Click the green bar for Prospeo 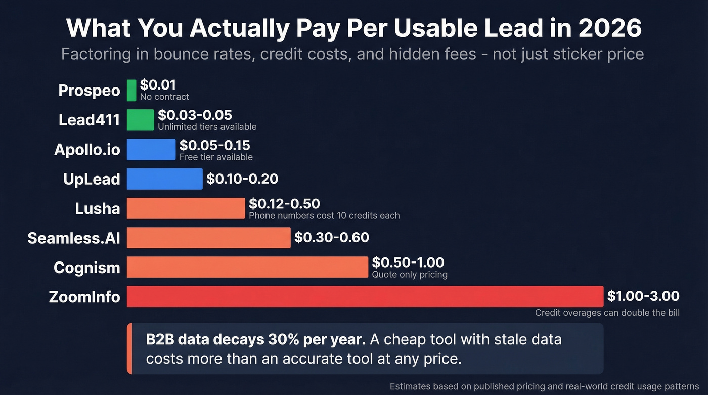pyautogui.click(x=131, y=91)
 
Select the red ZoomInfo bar pyautogui.click(x=365, y=296)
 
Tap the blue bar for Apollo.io pyautogui.click(x=151, y=150)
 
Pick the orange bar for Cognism pyautogui.click(x=247, y=267)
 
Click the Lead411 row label pyautogui.click(x=89, y=120)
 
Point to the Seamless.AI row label pyautogui.click(x=74, y=238)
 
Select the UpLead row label pyautogui.click(x=92, y=179)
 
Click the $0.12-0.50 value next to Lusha pyautogui.click(x=284, y=204)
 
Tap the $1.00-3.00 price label pyautogui.click(x=643, y=296)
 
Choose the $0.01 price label pyautogui.click(x=158, y=85)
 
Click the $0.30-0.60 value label pyautogui.click(x=331, y=237)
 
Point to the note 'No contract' pyautogui.click(x=164, y=97)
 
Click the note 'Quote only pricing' pyautogui.click(x=410, y=275)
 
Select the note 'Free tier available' pyautogui.click(x=216, y=157)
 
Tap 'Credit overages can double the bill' pyautogui.click(x=607, y=313)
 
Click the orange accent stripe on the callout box pyautogui.click(x=129, y=348)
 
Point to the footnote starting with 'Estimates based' pyautogui.click(x=544, y=386)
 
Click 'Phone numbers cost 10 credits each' pyautogui.click(x=324, y=216)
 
